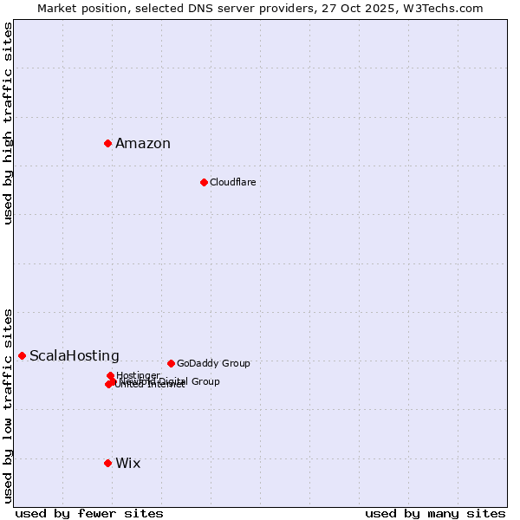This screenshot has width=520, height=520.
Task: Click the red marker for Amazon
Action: (x=107, y=143)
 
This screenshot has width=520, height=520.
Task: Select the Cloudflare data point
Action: (x=204, y=182)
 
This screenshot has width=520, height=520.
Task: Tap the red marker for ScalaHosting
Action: (x=22, y=355)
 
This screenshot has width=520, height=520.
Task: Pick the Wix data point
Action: (x=107, y=463)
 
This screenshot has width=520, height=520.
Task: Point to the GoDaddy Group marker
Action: (x=171, y=363)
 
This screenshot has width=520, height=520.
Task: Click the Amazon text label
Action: (x=143, y=144)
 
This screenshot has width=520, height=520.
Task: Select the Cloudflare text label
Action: (x=232, y=183)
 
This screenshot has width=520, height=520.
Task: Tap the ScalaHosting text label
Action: (x=75, y=356)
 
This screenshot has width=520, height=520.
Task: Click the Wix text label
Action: (x=127, y=464)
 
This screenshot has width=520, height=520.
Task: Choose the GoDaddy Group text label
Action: (x=213, y=364)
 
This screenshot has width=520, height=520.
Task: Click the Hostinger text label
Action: (x=138, y=375)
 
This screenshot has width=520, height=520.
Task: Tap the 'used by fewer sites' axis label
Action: (x=89, y=513)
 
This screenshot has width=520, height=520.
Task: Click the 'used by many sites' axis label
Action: (x=435, y=513)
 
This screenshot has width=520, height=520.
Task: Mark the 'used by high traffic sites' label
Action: (x=9, y=123)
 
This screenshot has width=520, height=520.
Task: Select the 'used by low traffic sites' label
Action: (x=9, y=405)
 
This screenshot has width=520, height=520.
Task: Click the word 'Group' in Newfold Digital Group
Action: (x=205, y=381)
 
